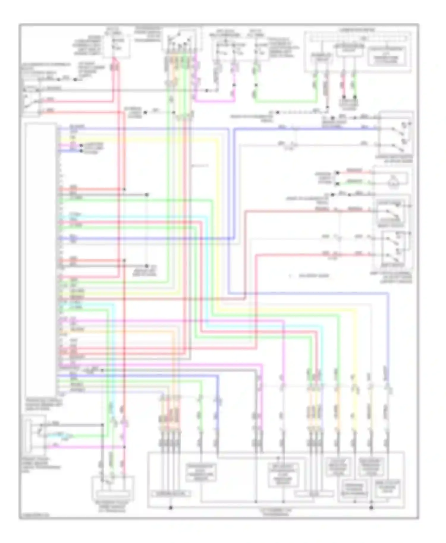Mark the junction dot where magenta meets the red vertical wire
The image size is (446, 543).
(124, 447)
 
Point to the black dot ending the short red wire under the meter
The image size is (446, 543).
(344, 97)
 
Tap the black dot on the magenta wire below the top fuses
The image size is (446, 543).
(234, 85)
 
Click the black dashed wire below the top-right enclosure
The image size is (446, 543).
(300, 113)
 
